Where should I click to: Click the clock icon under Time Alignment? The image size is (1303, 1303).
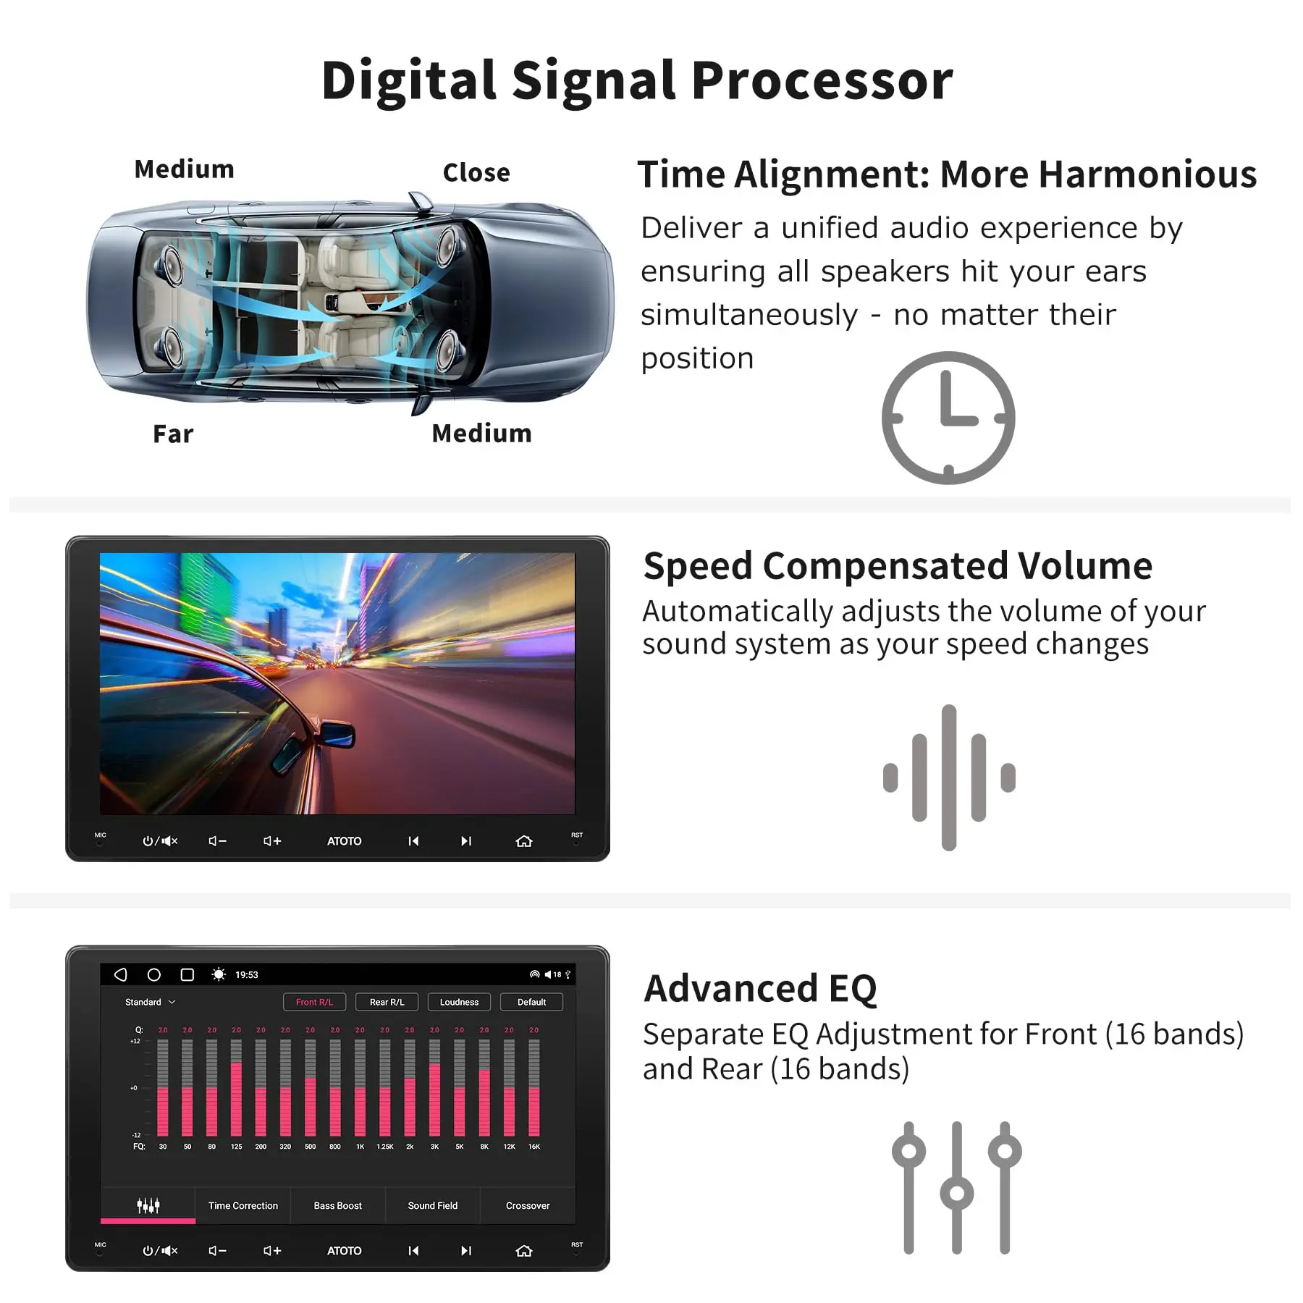coord(948,418)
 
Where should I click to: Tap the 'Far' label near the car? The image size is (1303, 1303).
coord(173,434)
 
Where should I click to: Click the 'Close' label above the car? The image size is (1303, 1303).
coord(476,173)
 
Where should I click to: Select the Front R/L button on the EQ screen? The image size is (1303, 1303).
coord(314,1002)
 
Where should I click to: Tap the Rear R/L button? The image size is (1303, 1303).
coord(387,1002)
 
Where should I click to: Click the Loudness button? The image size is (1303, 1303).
coord(459,1002)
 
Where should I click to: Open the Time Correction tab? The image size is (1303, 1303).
coord(243,1205)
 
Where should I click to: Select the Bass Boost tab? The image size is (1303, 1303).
coord(337,1205)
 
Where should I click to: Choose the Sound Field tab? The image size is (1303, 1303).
coord(432,1205)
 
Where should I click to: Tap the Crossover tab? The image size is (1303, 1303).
coord(527,1205)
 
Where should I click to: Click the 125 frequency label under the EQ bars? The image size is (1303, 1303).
coord(236,1147)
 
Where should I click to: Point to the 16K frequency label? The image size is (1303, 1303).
coord(534,1147)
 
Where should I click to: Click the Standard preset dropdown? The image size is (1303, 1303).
coord(150,1002)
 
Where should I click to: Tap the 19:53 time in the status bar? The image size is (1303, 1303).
coord(246,975)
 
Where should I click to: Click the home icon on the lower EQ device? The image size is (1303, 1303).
coord(523,1251)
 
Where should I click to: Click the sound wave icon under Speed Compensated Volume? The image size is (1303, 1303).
coord(948,777)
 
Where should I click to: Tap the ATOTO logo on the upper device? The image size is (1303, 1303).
coord(344,841)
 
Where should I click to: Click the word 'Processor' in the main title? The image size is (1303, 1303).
coord(822,80)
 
